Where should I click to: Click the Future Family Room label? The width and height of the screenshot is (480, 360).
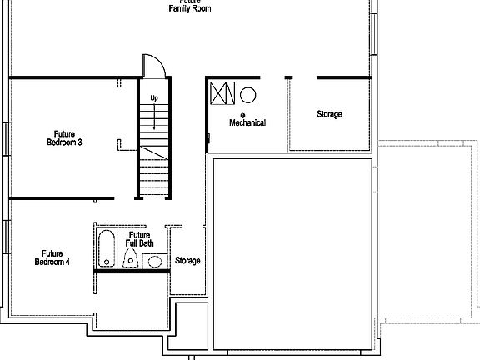point(190,7)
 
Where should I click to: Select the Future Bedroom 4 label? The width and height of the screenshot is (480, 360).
point(52,257)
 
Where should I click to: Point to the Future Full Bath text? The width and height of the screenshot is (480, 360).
point(139,239)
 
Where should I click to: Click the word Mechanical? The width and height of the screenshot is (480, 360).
point(247,123)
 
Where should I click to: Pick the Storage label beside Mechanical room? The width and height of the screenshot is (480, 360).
point(328,114)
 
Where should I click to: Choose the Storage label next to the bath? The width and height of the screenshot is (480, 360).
point(187,261)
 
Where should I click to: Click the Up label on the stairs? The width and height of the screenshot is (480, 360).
point(154,98)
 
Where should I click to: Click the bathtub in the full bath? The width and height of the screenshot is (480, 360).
point(107,249)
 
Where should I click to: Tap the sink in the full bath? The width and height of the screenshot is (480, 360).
point(154,262)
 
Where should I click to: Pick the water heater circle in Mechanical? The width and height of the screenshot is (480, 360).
point(248,94)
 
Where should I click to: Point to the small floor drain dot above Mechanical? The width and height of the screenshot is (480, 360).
point(242,115)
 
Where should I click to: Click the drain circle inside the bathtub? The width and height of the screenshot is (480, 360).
point(107,262)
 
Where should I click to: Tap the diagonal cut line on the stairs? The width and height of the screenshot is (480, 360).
point(153,153)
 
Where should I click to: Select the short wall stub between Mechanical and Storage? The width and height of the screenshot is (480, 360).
point(288,78)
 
